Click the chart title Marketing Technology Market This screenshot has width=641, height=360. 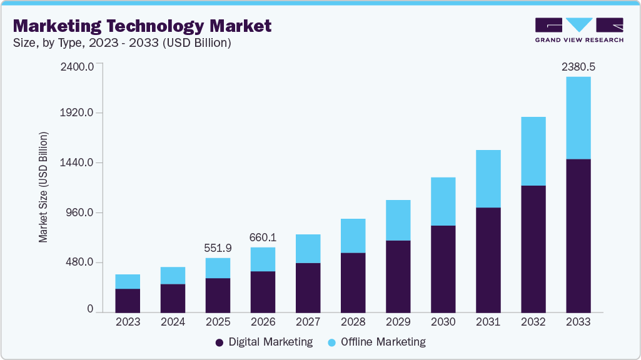pyautogui.click(x=143, y=26)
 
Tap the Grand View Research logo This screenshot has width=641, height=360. pyautogui.click(x=579, y=29)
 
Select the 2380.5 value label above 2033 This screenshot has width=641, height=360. pyautogui.click(x=578, y=65)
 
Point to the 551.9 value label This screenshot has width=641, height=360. pyautogui.click(x=218, y=248)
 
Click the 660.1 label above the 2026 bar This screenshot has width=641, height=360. pyautogui.click(x=263, y=237)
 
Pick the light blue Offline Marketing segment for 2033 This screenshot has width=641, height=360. pyautogui.click(x=578, y=118)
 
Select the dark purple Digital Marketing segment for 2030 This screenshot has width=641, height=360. pyautogui.click(x=443, y=269)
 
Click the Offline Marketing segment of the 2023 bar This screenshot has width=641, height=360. pyautogui.click(x=128, y=281)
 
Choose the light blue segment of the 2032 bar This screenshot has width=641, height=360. pyautogui.click(x=533, y=151)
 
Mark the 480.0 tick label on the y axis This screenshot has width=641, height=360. pyautogui.click(x=79, y=262)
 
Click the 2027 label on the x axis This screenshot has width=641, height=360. pyautogui.click(x=308, y=322)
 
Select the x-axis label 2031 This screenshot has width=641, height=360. pyautogui.click(x=488, y=322)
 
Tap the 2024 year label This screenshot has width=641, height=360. pyautogui.click(x=173, y=322)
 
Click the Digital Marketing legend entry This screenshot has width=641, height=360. pyautogui.click(x=264, y=342)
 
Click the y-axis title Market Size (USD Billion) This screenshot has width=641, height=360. pyautogui.click(x=44, y=187)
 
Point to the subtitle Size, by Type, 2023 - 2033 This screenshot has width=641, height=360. pyautogui.click(x=123, y=43)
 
